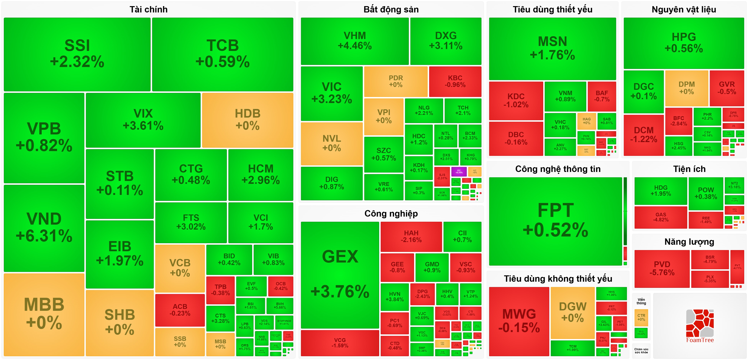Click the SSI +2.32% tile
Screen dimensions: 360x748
(77, 54)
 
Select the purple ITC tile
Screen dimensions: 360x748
(459, 172)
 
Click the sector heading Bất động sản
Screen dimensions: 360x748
(391, 10)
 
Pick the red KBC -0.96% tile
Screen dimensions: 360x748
(455, 81)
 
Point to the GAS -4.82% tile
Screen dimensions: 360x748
(661, 217)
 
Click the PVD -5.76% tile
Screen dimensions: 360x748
(662, 268)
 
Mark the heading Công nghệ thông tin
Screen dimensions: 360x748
(558, 169)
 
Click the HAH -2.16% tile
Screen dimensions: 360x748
(411, 236)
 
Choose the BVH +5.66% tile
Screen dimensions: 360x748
(280, 306)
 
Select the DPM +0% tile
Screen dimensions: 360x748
(686, 88)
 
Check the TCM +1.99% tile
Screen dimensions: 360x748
(573, 348)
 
